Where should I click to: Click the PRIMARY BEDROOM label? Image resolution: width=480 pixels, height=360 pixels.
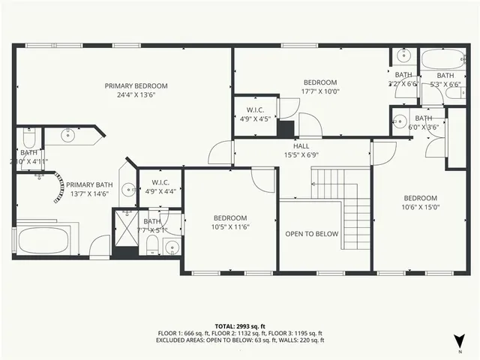pyautogui.click(x=136, y=86)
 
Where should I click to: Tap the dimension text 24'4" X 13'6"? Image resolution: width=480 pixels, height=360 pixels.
pyautogui.click(x=136, y=95)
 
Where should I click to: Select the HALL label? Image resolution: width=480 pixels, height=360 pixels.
pyautogui.click(x=301, y=146)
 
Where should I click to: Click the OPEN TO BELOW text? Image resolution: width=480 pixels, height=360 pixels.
pyautogui.click(x=311, y=234)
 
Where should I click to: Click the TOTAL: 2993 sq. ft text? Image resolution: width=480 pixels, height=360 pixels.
pyautogui.click(x=239, y=326)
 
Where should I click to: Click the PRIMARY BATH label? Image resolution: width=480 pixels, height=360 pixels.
pyautogui.click(x=90, y=185)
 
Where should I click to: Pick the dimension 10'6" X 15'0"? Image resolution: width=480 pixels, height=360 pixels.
pyautogui.click(x=421, y=207)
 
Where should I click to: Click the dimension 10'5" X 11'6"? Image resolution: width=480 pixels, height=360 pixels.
pyautogui.click(x=230, y=226)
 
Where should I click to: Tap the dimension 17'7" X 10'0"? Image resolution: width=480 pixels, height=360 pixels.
pyautogui.click(x=319, y=91)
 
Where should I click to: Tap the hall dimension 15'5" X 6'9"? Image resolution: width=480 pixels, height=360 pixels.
pyautogui.click(x=301, y=155)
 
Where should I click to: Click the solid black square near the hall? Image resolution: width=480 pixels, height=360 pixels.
pyautogui.click(x=285, y=128)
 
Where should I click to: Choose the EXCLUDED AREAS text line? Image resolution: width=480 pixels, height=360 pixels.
pyautogui.click(x=239, y=340)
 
